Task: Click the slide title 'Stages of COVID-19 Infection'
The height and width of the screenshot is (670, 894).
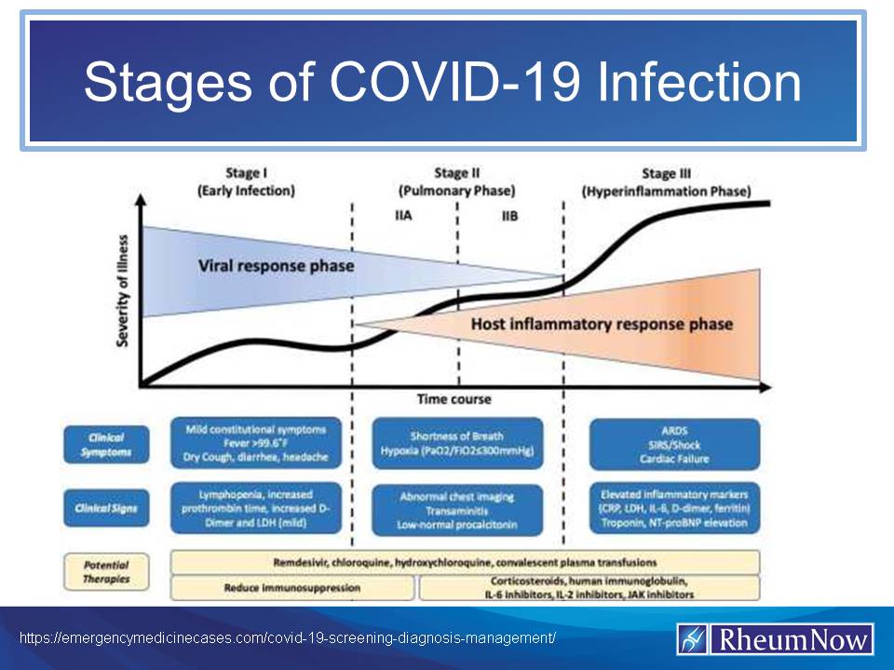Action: (x=442, y=84)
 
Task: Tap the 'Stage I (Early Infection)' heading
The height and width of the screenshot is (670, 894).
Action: (x=245, y=181)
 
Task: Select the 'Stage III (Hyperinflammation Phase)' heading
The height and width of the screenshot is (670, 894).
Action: (x=666, y=181)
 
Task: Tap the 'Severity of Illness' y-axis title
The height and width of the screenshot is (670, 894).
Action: (x=123, y=290)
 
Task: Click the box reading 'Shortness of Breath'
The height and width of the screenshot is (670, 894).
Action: (x=456, y=444)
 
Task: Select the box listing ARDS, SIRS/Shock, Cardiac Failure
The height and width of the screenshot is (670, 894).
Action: (x=675, y=444)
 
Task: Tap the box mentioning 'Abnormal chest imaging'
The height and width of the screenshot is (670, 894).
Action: (x=456, y=509)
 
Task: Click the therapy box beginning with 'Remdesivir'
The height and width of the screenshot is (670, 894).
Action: (x=465, y=562)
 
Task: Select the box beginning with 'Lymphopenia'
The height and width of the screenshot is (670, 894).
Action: (x=255, y=508)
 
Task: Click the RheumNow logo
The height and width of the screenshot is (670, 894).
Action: (x=775, y=639)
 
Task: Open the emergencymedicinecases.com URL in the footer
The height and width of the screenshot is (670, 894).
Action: (x=289, y=639)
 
